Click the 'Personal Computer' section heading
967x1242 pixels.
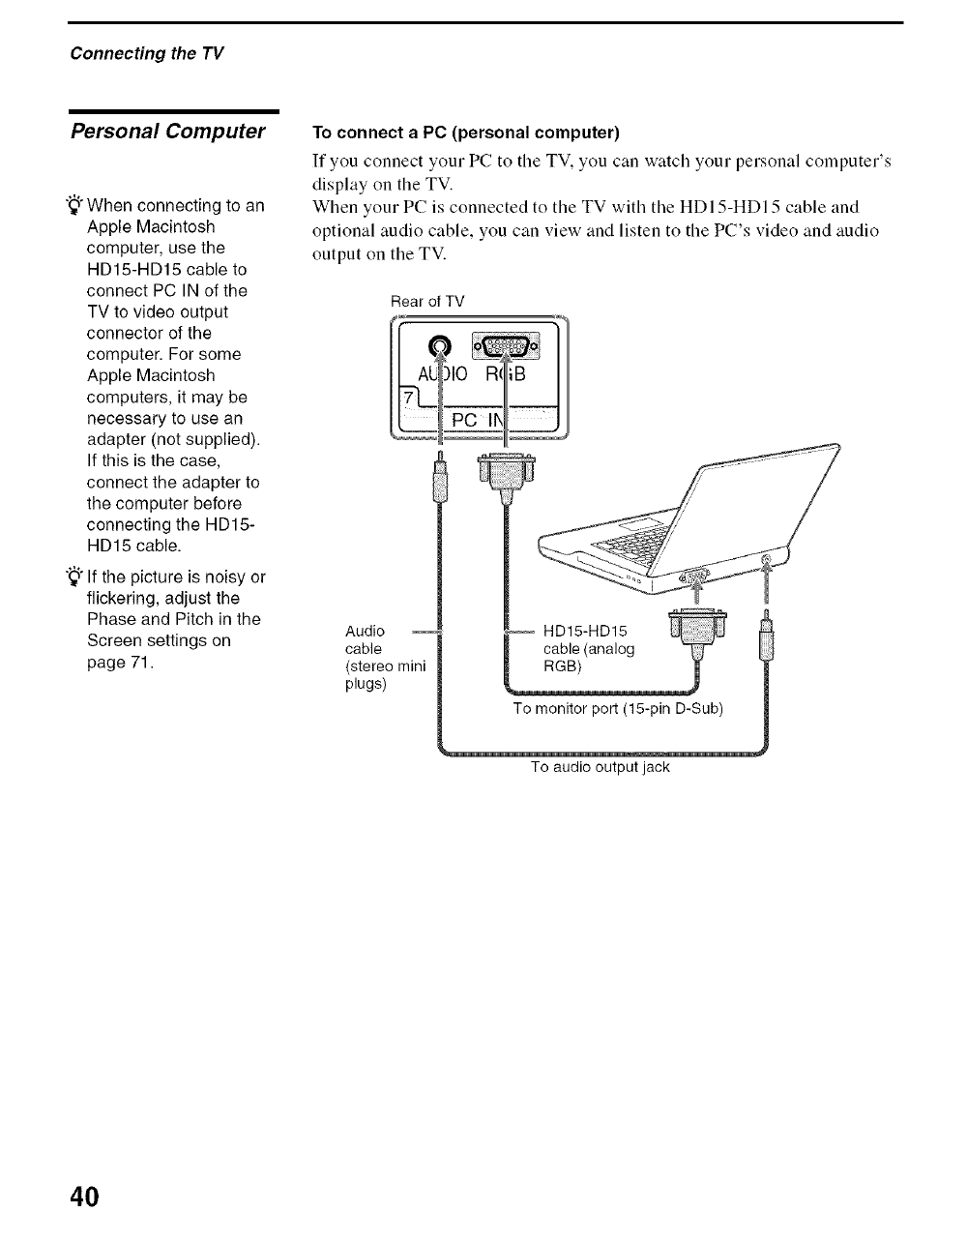(x=168, y=132)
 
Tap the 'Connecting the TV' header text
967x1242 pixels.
(x=147, y=52)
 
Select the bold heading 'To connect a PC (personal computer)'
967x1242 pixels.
(x=465, y=132)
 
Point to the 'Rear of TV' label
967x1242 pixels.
(x=427, y=301)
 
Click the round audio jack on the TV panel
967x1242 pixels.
(x=440, y=346)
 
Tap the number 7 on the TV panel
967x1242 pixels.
(x=409, y=399)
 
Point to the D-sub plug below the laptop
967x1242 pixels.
(x=696, y=631)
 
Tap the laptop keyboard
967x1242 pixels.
(x=634, y=536)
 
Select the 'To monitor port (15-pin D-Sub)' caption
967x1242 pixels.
(x=618, y=708)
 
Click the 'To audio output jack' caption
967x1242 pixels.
(x=600, y=767)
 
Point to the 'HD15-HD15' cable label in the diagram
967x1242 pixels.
(x=586, y=632)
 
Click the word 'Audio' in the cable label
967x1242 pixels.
(x=365, y=632)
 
